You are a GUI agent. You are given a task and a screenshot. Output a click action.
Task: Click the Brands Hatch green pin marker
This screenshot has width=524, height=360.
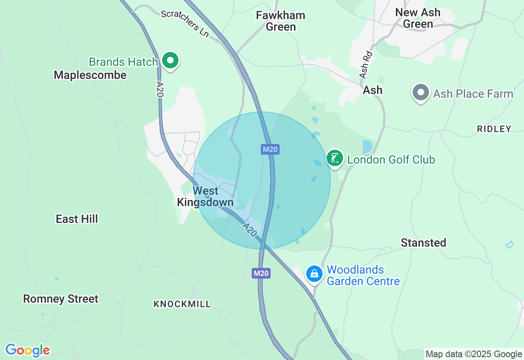tap(170, 61)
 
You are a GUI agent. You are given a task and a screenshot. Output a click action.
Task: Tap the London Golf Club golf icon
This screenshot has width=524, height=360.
tap(335, 158)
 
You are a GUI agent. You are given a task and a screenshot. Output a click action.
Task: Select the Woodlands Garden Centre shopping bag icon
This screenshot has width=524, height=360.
tap(314, 273)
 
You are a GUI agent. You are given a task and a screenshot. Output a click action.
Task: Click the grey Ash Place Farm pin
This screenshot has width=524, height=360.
tap(420, 92)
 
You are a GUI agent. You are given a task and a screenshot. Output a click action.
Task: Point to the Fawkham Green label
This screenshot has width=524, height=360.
tap(281, 21)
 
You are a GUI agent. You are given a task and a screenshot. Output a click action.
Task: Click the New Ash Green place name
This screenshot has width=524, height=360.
tap(418, 18)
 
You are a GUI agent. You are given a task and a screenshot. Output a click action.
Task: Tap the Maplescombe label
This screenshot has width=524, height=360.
tap(90, 75)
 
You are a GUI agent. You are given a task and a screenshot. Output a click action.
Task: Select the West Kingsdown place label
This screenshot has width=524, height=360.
tap(206, 196)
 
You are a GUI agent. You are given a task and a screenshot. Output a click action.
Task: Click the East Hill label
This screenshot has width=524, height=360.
tap(77, 219)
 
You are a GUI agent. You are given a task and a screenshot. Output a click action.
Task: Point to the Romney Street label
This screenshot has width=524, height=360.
tap(61, 299)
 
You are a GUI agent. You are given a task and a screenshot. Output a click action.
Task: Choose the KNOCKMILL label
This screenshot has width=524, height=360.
tap(182, 304)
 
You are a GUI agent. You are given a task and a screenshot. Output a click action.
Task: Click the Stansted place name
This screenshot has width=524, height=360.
tap(423, 243)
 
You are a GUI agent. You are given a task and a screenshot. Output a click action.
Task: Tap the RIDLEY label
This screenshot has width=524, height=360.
tap(494, 129)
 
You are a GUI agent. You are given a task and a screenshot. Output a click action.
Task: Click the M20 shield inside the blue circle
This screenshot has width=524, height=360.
tap(270, 149)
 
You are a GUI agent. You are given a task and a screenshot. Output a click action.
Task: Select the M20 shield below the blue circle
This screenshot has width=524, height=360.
tap(261, 273)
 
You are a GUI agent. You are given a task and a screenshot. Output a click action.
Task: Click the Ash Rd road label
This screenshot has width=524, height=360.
tap(366, 65)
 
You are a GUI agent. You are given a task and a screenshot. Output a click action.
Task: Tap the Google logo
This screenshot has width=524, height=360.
tap(27, 350)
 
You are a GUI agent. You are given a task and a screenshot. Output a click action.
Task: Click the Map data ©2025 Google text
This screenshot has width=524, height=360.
tap(474, 354)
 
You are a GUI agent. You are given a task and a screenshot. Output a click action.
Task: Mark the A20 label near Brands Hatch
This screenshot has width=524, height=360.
tap(160, 89)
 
